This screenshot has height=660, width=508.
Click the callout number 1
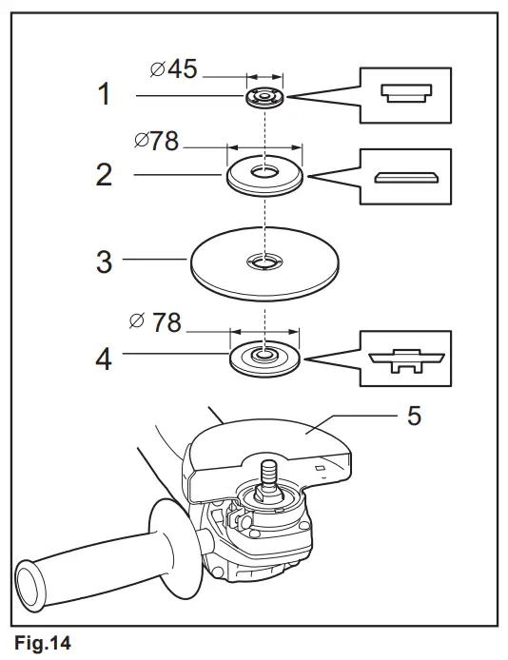click(104, 95)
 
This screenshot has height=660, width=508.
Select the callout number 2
click(104, 174)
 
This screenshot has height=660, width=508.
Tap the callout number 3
click(104, 261)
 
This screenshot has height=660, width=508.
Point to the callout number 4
click(104, 359)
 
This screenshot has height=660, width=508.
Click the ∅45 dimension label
click(173, 69)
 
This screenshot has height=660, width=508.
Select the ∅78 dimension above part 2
click(157, 142)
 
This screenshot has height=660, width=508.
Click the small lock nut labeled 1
click(265, 98)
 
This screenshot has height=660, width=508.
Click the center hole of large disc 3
click(264, 260)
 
